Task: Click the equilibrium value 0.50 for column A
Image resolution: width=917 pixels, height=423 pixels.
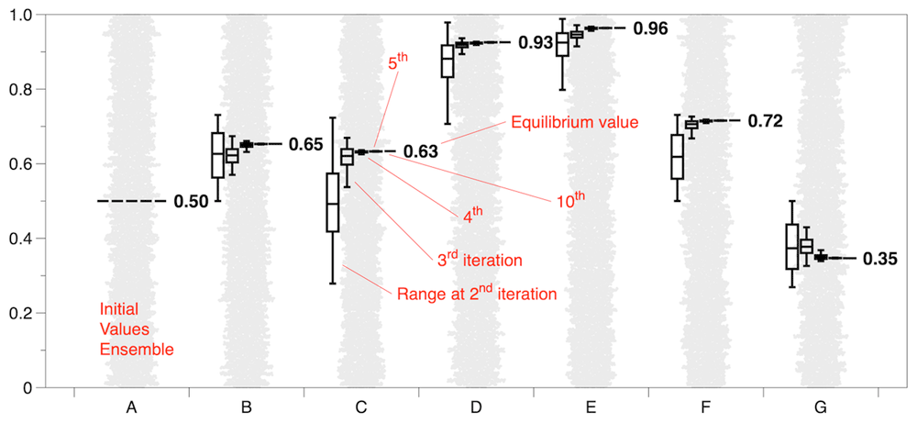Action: (x=190, y=202)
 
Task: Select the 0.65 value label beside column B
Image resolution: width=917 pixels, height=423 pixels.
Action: (x=306, y=144)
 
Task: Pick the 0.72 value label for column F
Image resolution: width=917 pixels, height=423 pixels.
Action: (x=765, y=121)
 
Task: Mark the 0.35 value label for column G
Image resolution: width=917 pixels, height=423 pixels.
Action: (x=879, y=259)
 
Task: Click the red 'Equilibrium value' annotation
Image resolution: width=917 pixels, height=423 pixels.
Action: (x=574, y=123)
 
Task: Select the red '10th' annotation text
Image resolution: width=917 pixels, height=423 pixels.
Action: (x=569, y=200)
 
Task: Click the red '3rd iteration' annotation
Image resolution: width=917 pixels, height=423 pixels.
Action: (x=480, y=259)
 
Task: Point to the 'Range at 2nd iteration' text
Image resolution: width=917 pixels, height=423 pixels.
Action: (x=477, y=293)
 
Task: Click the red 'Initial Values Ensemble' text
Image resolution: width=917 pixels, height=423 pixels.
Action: (x=137, y=328)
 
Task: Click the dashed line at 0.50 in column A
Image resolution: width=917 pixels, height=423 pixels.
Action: (x=132, y=201)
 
